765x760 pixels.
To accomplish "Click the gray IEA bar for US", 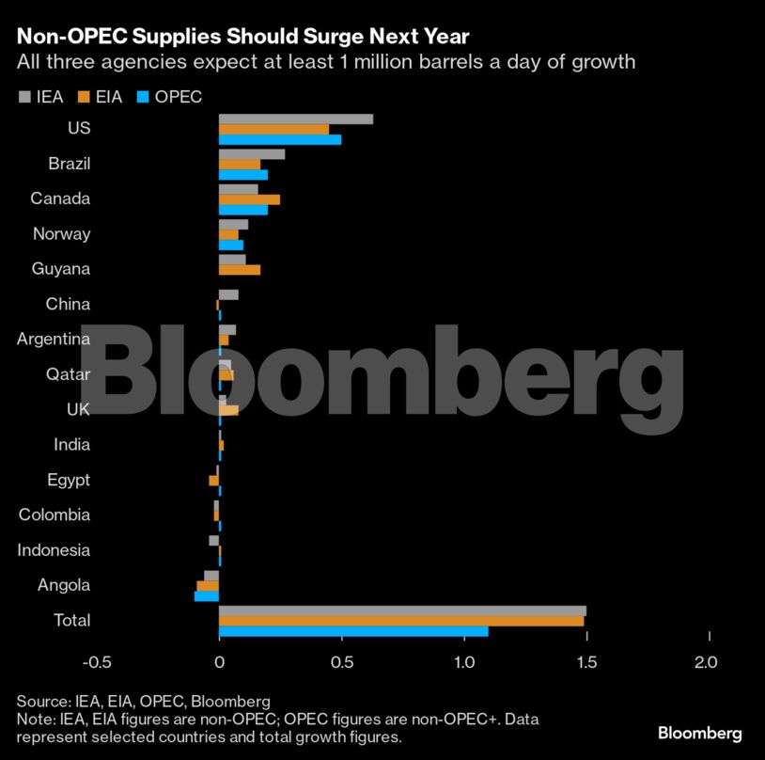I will (295, 119).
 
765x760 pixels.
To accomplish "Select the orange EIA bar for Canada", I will (249, 199).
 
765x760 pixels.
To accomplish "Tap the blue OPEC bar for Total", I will (353, 631).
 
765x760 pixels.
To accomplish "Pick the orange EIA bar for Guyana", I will (239, 270).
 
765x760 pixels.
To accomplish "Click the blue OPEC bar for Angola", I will (207, 596).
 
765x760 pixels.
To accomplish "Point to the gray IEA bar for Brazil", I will (251, 154).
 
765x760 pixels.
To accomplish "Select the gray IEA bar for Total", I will (402, 610).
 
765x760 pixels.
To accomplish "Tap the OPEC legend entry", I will (169, 96).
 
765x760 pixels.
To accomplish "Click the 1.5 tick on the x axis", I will (586, 662).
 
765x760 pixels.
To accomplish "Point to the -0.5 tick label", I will (97, 662).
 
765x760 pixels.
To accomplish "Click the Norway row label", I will (61, 234).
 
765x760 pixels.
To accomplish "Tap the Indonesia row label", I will (54, 550).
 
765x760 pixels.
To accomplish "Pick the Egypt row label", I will (69, 480).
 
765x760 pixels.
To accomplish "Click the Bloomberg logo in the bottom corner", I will (699, 733).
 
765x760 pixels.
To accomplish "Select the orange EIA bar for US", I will (273, 129).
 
